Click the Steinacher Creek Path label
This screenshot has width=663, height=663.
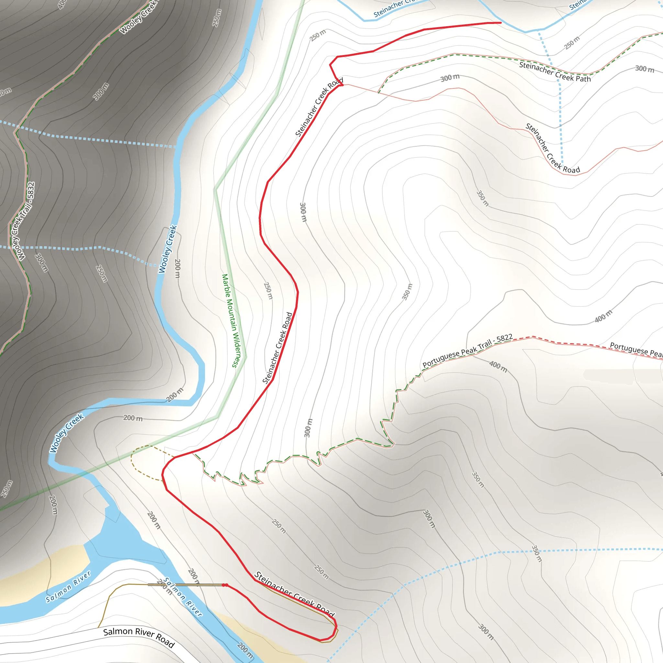pos(555,72)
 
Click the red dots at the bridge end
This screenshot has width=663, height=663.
pos(225,585)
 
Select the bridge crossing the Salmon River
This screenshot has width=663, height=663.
pos(185,584)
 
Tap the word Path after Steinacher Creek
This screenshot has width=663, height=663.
pos(583,79)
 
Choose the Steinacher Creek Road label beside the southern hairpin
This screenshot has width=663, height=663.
pos(294,594)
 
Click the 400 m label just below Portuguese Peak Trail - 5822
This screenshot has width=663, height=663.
pos(498,366)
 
